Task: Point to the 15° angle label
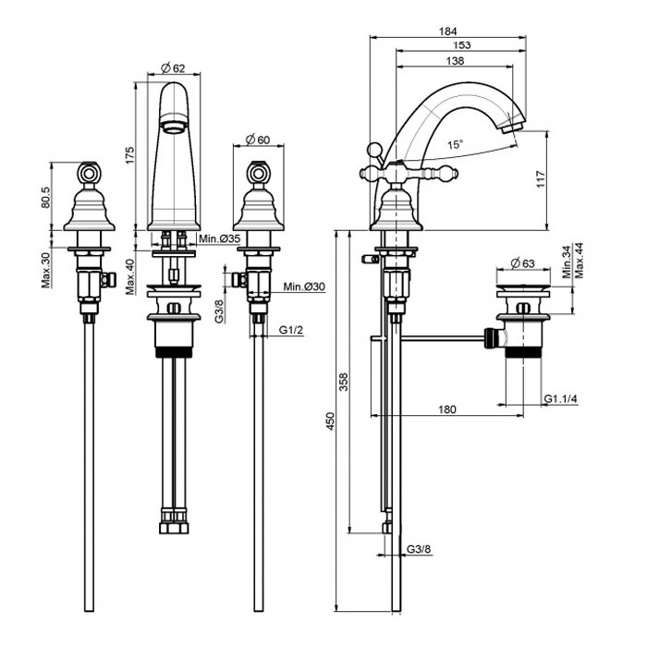pyautogui.click(x=456, y=144)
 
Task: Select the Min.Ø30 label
pyautogui.click(x=303, y=286)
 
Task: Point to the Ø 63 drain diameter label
pyautogui.click(x=523, y=262)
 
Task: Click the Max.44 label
pyautogui.click(x=580, y=260)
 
